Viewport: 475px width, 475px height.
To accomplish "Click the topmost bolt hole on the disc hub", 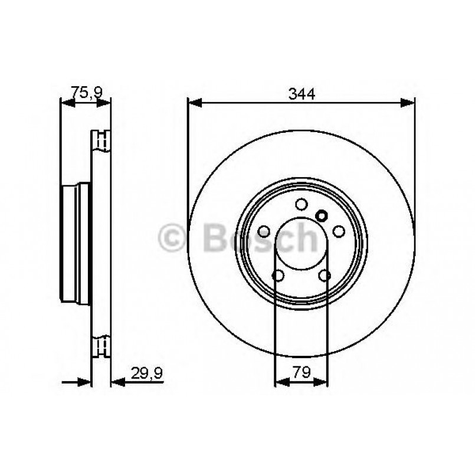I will tap(302, 204).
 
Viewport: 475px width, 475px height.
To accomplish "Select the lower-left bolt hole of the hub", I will tap(278, 276).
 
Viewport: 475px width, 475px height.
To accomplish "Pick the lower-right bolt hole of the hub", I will tap(325, 276).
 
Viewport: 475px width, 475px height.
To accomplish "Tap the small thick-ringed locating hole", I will tap(322, 215).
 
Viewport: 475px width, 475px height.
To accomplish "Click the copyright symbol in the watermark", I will tap(173, 238).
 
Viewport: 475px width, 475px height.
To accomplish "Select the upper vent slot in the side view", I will tap(101, 141).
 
